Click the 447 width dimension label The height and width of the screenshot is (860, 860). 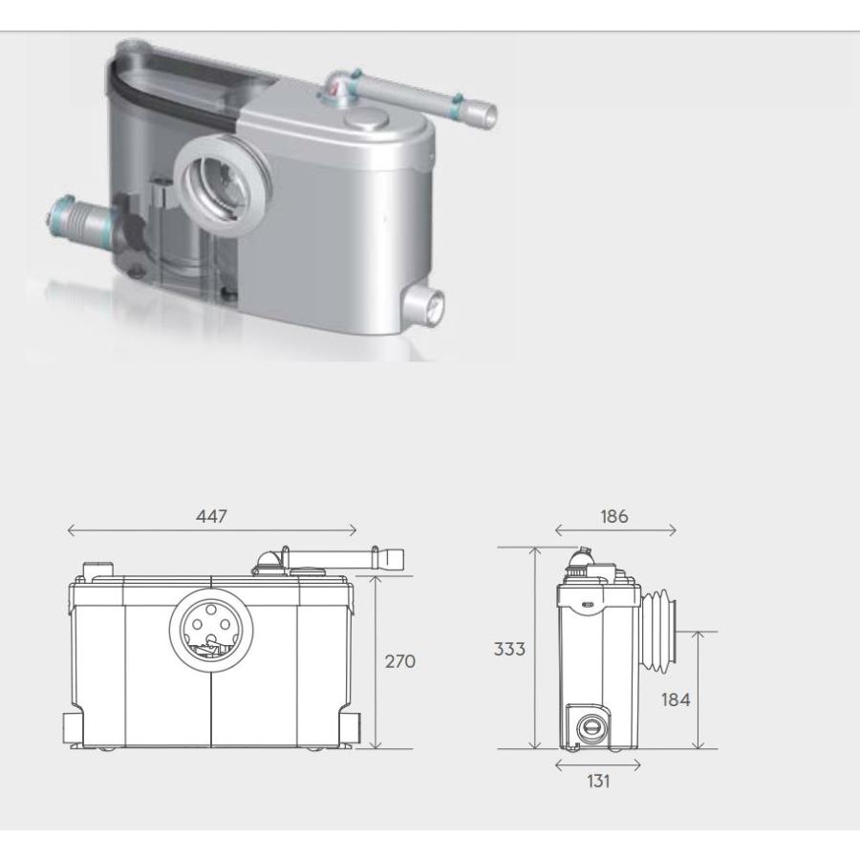211,516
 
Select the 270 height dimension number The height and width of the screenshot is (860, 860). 399,661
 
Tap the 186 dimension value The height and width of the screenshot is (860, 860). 613,516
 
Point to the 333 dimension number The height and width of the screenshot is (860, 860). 509,649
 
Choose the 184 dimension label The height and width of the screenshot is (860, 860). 676,699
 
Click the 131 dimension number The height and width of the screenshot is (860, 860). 598,781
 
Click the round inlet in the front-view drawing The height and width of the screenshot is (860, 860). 211,629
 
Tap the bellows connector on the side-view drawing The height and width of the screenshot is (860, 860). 658,631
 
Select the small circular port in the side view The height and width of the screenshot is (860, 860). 591,728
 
